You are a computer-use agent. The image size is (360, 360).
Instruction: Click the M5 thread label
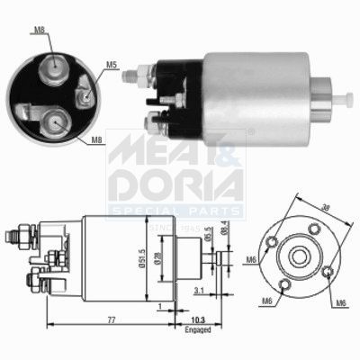[x=110, y=64]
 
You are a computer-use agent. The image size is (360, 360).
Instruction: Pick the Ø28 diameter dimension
[x=159, y=259]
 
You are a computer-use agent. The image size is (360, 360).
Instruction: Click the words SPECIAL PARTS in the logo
[x=176, y=211]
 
